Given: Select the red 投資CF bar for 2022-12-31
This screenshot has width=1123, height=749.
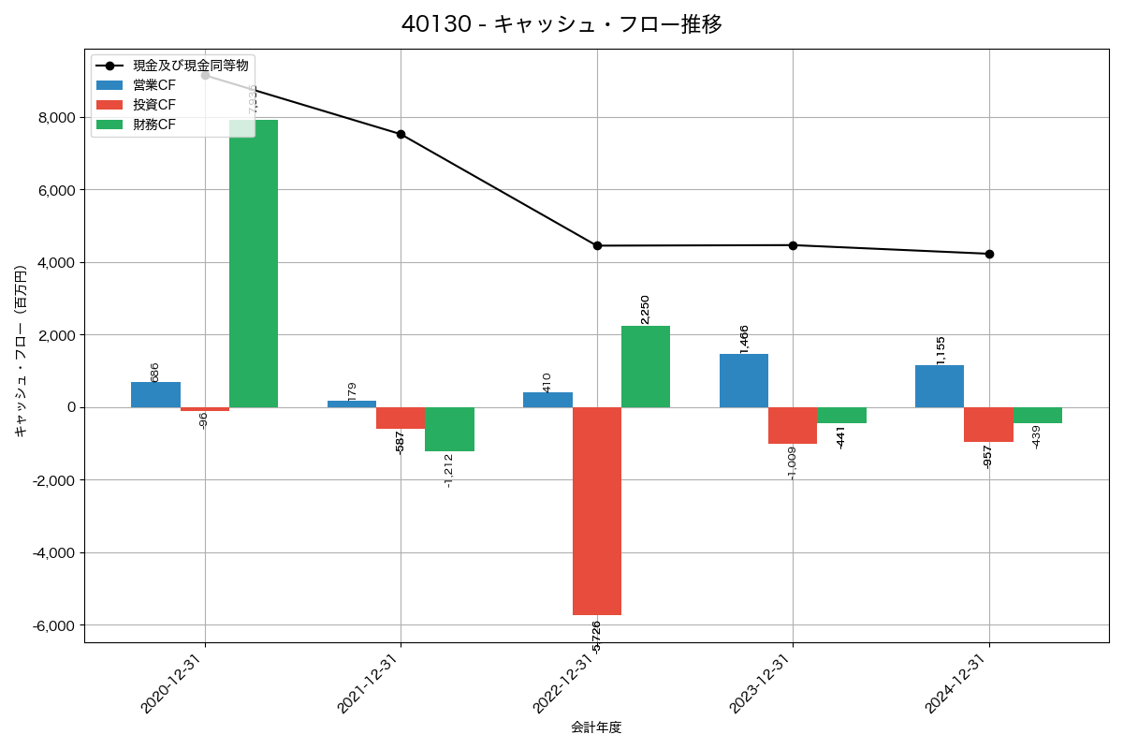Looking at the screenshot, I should (x=597, y=511).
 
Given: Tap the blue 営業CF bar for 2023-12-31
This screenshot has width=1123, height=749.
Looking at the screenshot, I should (x=744, y=381).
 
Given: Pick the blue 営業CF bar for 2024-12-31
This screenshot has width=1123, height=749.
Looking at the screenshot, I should (x=940, y=387).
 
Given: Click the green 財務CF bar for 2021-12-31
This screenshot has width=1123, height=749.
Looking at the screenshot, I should (x=449, y=430).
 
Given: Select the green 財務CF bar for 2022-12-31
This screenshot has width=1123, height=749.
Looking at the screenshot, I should (x=646, y=367).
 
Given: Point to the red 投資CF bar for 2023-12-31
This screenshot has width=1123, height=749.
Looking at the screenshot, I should (x=793, y=425).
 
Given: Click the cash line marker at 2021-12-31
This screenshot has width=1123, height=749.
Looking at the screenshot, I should (x=401, y=134).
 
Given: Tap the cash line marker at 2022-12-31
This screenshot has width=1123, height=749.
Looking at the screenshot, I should (x=597, y=246).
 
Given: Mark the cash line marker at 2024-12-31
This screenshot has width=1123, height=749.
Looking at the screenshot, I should (x=989, y=254).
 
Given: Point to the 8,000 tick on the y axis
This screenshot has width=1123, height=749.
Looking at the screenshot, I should (x=55, y=118).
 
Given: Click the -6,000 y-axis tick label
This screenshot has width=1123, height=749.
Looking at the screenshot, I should (x=53, y=625).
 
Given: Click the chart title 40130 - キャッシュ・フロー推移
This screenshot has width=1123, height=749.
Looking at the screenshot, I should (x=561, y=24).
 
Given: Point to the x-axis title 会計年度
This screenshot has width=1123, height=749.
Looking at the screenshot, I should (x=596, y=727).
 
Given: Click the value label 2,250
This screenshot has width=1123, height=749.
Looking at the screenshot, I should (x=645, y=310).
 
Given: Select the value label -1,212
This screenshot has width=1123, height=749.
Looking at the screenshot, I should (x=449, y=471).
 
